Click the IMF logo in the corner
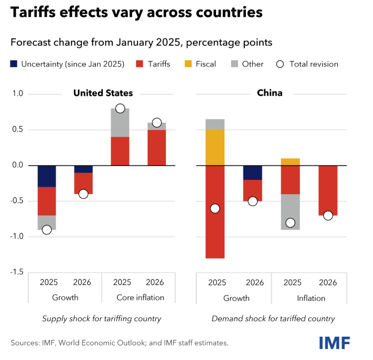334,342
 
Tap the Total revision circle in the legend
281,64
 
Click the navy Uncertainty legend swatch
14,64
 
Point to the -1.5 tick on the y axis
19,272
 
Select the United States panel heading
103,93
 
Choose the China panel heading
269,93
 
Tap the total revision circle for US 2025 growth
47,229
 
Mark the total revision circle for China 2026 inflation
328,216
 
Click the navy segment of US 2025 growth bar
47,176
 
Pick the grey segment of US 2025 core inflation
120,123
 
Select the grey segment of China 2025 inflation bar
291,212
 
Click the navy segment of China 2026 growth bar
253,172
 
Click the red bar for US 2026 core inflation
156,147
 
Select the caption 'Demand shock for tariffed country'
273,319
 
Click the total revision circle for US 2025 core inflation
120,109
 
